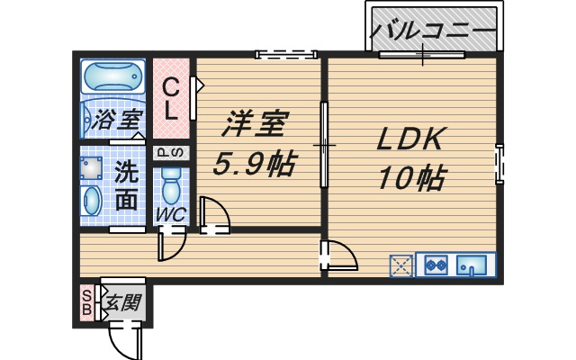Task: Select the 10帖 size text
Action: click(x=411, y=178)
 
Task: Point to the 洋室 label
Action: click(x=255, y=123)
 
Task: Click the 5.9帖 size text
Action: click(x=254, y=163)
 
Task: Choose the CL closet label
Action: click(x=171, y=100)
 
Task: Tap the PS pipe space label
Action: click(x=171, y=153)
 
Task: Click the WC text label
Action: click(x=171, y=214)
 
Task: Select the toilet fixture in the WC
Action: click(x=171, y=186)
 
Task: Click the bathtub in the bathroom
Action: click(x=112, y=76)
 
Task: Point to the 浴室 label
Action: click(x=117, y=119)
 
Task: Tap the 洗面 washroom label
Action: click(x=126, y=186)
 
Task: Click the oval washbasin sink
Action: click(x=92, y=200)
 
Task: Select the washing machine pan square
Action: click(x=91, y=168)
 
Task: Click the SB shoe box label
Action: click(x=87, y=302)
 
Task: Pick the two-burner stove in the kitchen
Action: click(x=436, y=265)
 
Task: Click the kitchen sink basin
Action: click(x=472, y=265)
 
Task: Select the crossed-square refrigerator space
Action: click(x=401, y=265)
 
